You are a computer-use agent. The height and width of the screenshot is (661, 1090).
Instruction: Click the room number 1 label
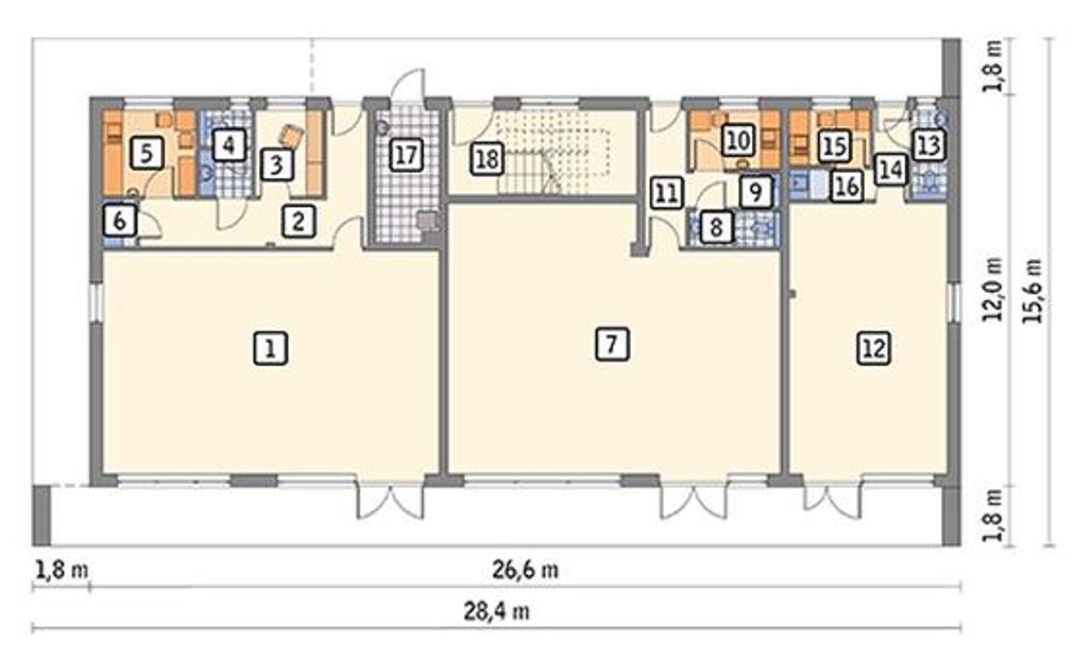coord(271,348)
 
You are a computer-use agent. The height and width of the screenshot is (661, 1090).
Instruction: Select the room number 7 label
coord(612,344)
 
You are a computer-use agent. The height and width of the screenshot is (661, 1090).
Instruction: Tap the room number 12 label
coord(874,348)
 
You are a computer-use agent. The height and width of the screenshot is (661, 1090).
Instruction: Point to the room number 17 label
coord(406,155)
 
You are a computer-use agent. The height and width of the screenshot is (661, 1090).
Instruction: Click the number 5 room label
coord(147,153)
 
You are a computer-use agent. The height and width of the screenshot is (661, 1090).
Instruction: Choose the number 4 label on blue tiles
coord(229,145)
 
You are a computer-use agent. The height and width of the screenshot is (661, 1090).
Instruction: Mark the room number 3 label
coord(277,164)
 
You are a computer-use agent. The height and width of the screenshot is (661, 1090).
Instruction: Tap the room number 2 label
coord(299,221)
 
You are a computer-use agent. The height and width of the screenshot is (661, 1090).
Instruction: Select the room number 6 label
coord(120,221)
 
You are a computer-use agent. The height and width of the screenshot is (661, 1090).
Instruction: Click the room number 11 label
coord(667,193)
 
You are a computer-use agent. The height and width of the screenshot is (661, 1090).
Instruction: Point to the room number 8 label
coord(716,227)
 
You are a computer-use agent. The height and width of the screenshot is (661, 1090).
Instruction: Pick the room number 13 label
coord(929,145)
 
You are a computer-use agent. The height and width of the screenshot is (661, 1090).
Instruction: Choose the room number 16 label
coord(847,186)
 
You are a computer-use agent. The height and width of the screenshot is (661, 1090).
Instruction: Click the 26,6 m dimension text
coord(525,570)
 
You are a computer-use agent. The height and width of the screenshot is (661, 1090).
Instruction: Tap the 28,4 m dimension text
coord(496,612)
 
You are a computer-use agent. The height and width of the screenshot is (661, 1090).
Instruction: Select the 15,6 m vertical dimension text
coord(1032,290)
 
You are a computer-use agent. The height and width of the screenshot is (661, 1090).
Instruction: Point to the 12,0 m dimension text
coord(993,289)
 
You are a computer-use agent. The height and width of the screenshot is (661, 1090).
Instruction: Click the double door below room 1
coord(390,499)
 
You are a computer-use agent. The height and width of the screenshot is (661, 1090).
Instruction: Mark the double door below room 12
coord(832,499)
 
